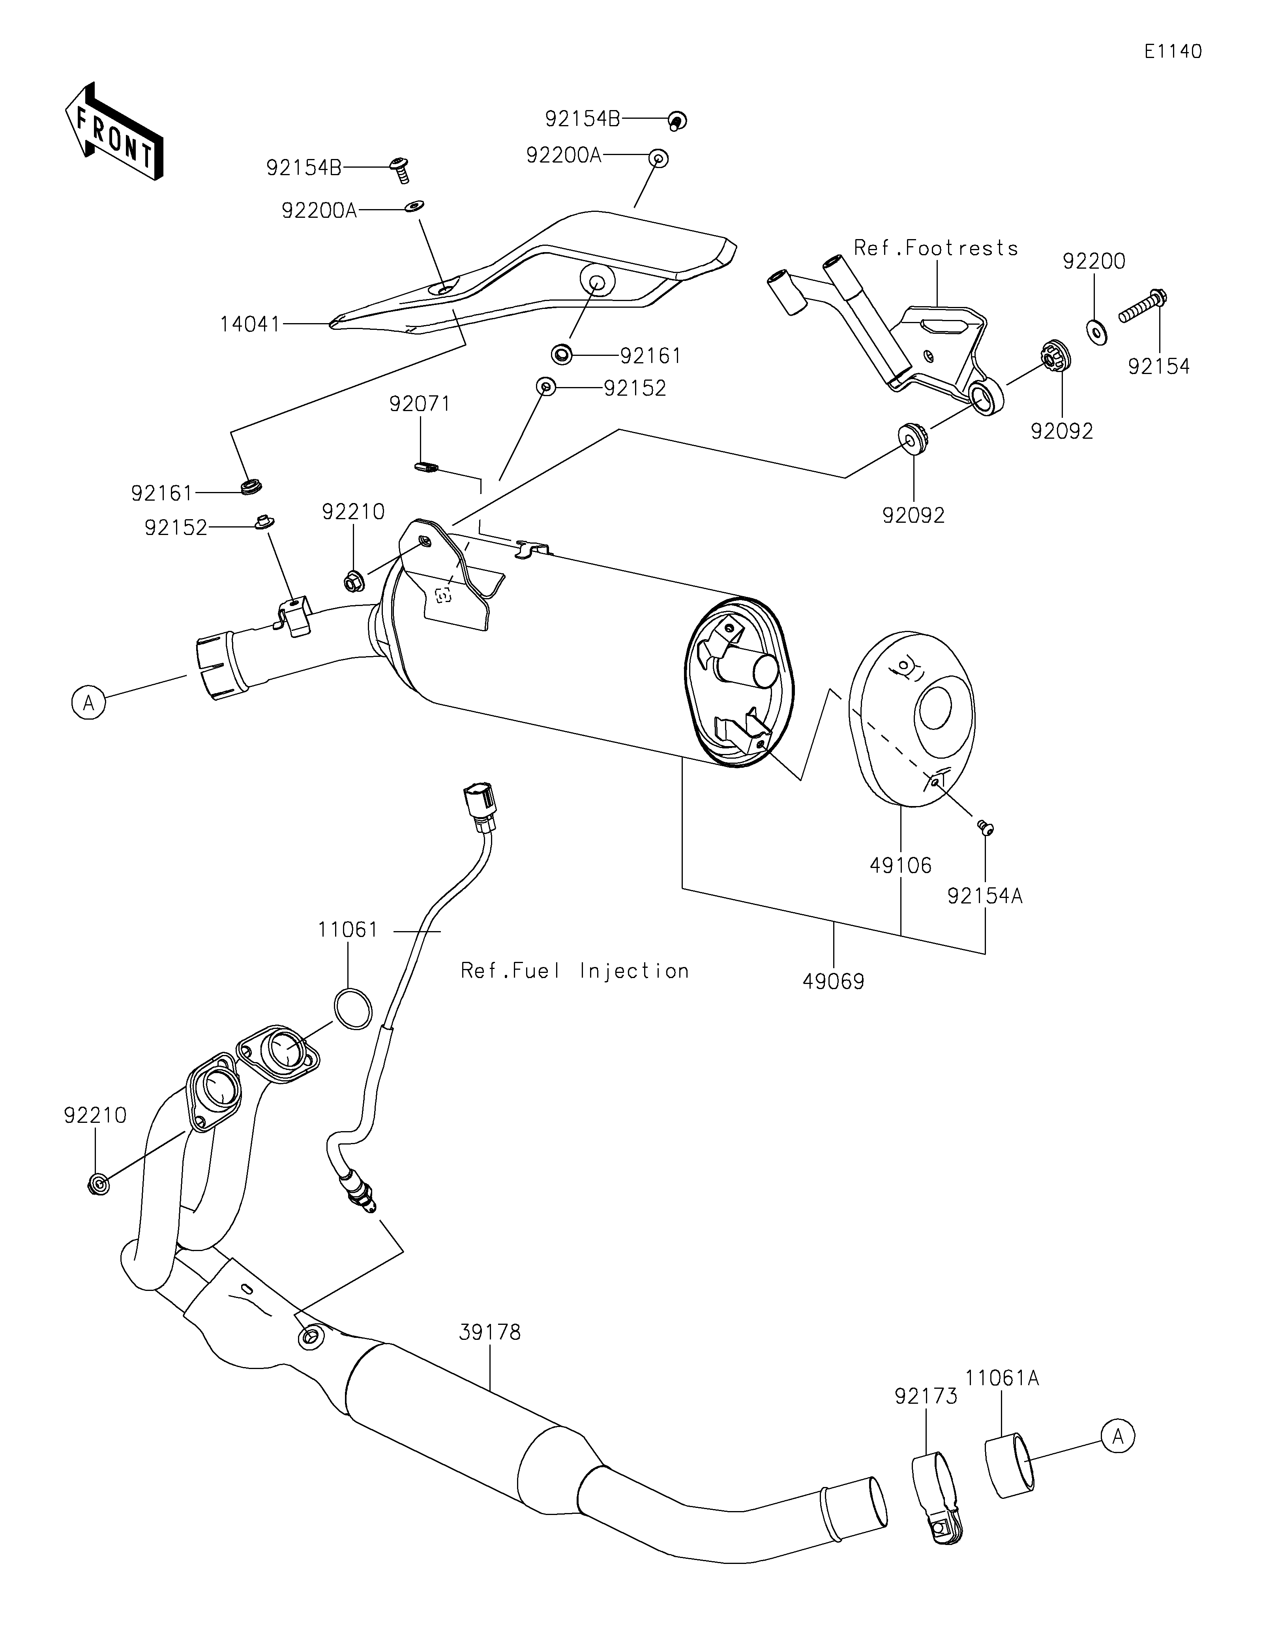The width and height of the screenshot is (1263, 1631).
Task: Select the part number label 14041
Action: pyautogui.click(x=249, y=324)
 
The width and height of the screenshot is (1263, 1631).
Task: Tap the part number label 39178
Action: pyautogui.click(x=489, y=1332)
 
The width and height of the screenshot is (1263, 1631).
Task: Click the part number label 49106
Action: pyautogui.click(x=900, y=866)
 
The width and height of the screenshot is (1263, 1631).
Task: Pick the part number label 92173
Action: pyautogui.click(x=926, y=1396)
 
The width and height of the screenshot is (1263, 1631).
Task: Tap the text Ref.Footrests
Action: pyautogui.click(x=936, y=248)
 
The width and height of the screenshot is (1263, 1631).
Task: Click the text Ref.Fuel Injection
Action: pyautogui.click(x=574, y=971)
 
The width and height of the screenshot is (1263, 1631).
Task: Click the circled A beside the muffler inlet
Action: pyautogui.click(x=89, y=703)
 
